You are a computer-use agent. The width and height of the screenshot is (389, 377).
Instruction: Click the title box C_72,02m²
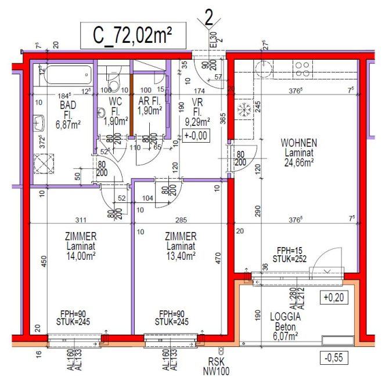click(133, 37)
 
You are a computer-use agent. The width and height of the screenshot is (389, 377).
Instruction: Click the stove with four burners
click(303, 69)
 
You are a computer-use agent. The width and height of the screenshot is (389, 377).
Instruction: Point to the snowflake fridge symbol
click(242, 109)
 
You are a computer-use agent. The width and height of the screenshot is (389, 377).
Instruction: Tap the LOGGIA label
click(285, 317)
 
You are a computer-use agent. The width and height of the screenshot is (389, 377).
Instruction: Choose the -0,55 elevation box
click(333, 358)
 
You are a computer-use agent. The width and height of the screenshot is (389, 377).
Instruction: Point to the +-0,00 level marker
click(195, 136)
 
